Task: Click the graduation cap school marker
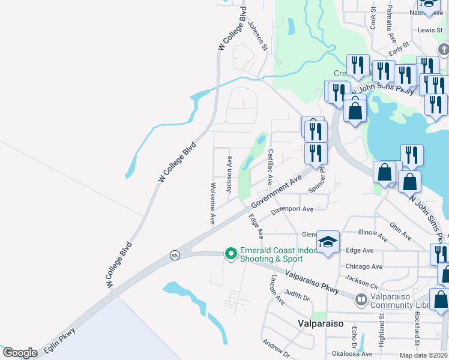coord(328,242)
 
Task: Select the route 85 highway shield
coord(174,255)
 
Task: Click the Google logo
coord(20,353)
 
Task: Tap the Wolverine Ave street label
coord(212,203)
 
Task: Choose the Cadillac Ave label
coord(270,166)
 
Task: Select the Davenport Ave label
coord(292,210)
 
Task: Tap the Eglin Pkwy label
coord(59,340)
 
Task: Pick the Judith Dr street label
coord(297,295)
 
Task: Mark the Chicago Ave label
coord(364,266)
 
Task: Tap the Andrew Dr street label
coord(276,347)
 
